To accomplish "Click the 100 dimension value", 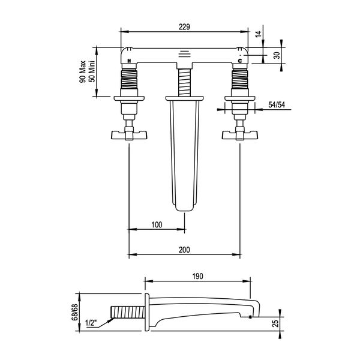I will (157, 224).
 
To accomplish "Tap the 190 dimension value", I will (197, 277).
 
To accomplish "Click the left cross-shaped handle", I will (128, 136).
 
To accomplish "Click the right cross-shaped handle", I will (241, 136).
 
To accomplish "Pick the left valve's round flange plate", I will (128, 97).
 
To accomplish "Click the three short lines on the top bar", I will (185, 52).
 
